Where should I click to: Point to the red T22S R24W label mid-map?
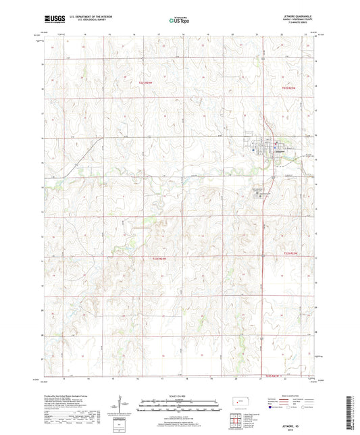[x=157, y=259]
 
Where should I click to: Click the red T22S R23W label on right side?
[x=291, y=252]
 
